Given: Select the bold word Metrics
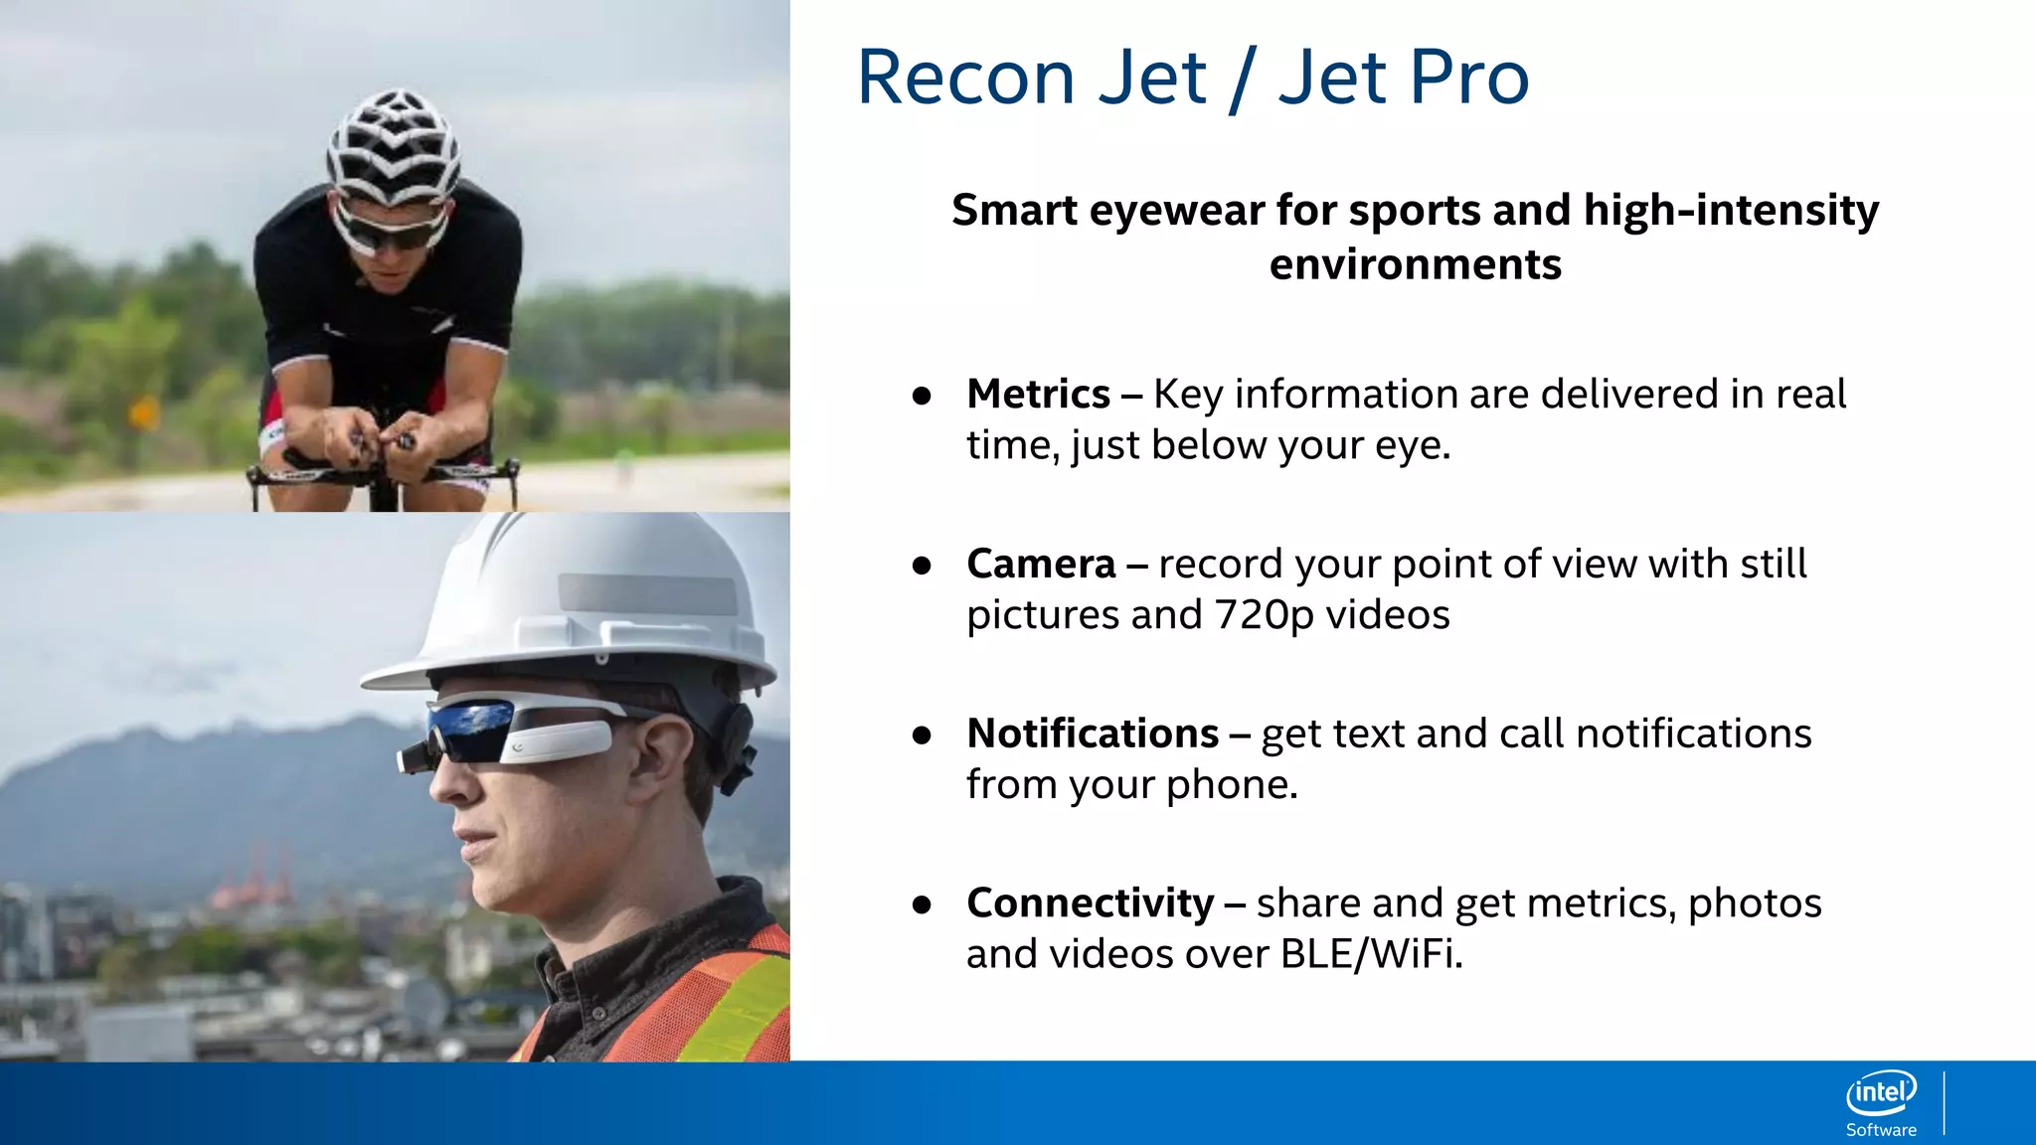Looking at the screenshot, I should (1038, 394).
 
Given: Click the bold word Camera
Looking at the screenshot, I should (1041, 564).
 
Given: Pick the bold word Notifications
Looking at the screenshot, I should (1093, 734).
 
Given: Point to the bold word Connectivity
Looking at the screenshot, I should (1090, 903).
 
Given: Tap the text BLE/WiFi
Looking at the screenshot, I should (1371, 954).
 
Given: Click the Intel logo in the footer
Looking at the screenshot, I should (1881, 1093).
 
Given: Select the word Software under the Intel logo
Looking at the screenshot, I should (1881, 1130).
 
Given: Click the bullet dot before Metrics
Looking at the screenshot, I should (922, 396).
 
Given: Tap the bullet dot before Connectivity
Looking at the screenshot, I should (922, 904).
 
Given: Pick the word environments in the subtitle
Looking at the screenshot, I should (1415, 264).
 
